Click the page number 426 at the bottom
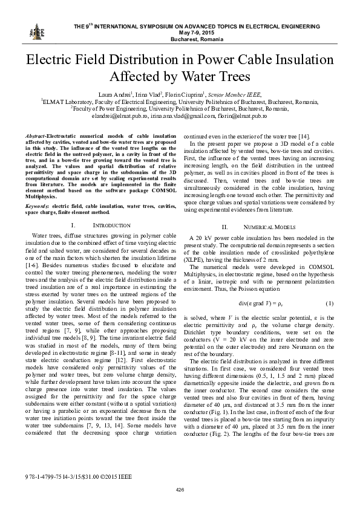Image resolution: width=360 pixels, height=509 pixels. coord(180,488)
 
